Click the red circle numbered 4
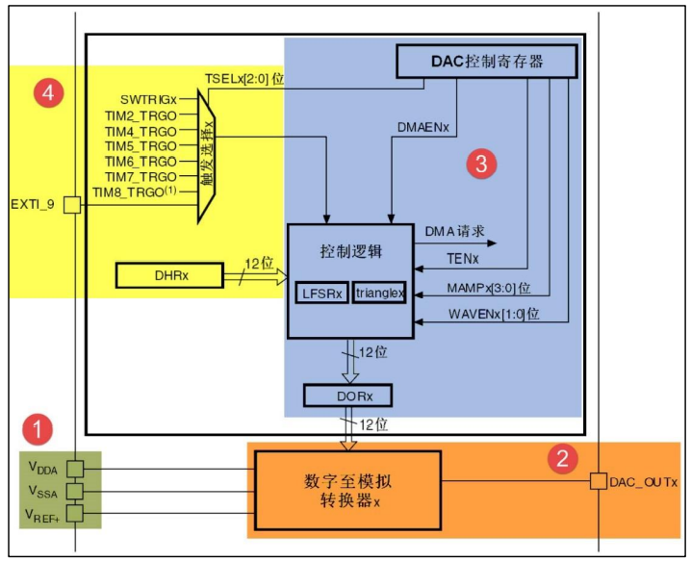tap(49, 93)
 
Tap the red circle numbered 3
tap(481, 165)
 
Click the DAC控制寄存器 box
tap(486, 62)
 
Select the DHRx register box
tap(169, 275)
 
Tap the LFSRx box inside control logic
tap(321, 292)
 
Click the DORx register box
tap(348, 395)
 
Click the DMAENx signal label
tap(423, 126)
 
